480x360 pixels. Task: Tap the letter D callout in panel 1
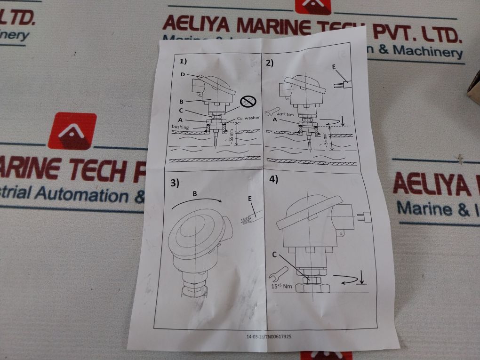coord(183,75)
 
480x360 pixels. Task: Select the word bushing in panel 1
coord(180,128)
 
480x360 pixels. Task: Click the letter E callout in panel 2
coord(334,67)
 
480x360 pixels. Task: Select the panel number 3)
coord(175,184)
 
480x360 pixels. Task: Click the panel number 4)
coord(273,179)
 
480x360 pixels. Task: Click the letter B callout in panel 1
coord(181,100)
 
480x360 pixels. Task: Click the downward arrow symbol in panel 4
coord(363,278)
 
